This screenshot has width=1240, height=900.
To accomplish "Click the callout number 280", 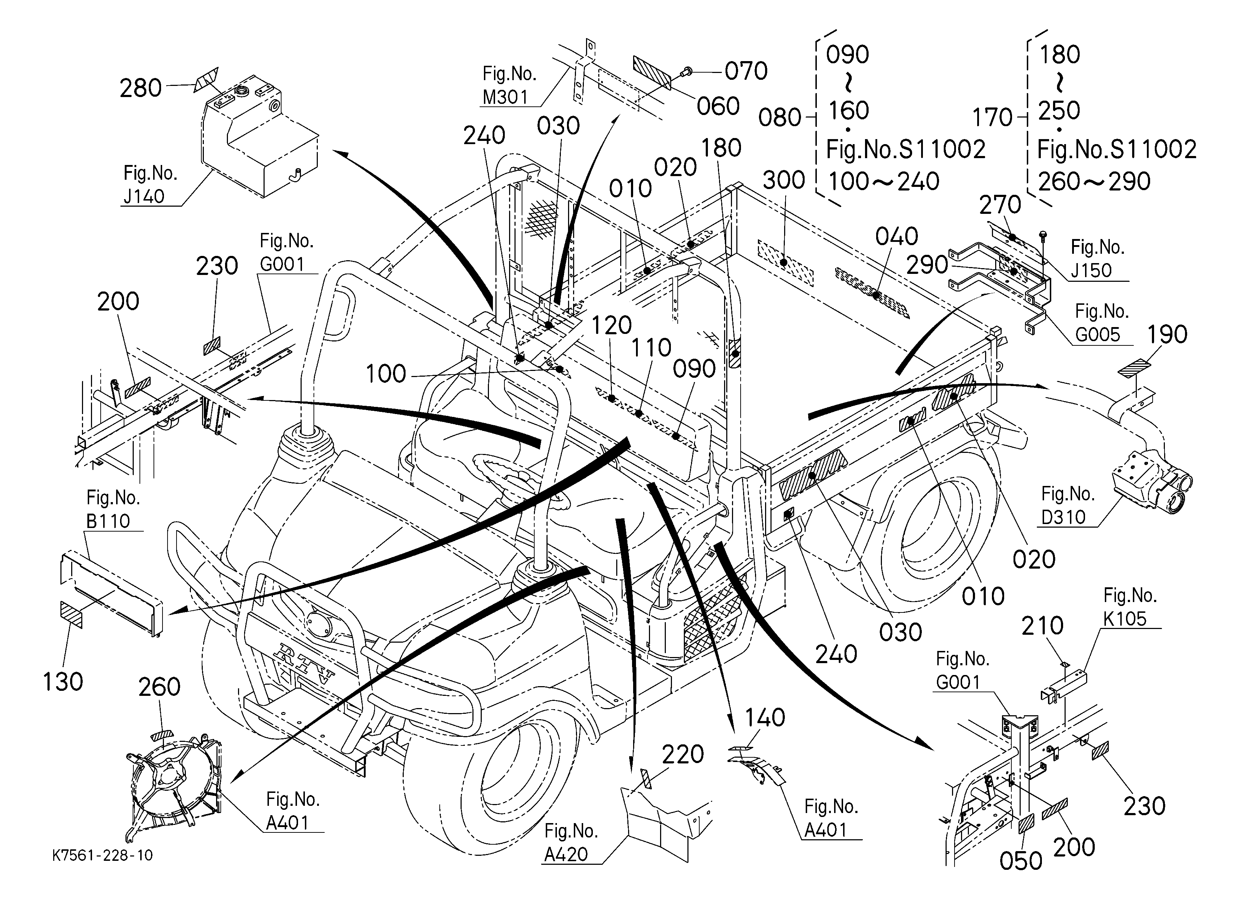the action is (x=141, y=88).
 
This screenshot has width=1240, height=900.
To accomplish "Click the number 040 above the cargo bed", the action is (x=897, y=237).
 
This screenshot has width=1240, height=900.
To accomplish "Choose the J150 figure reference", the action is (x=1091, y=270).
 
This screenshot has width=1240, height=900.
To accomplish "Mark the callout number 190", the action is (x=1167, y=334).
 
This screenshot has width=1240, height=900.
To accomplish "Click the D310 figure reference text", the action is (x=1063, y=517).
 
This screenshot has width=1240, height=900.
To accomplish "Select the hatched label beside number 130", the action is (x=71, y=614).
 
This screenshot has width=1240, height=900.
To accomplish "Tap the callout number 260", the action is (x=159, y=687).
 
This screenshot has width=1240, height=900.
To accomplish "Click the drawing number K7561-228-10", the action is (x=103, y=855).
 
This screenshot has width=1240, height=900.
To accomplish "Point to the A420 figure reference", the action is (x=566, y=854).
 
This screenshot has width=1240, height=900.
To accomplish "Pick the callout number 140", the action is (x=765, y=717).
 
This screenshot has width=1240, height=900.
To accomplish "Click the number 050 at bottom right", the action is (x=1021, y=861).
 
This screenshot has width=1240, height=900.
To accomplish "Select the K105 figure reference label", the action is (x=1124, y=618).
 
